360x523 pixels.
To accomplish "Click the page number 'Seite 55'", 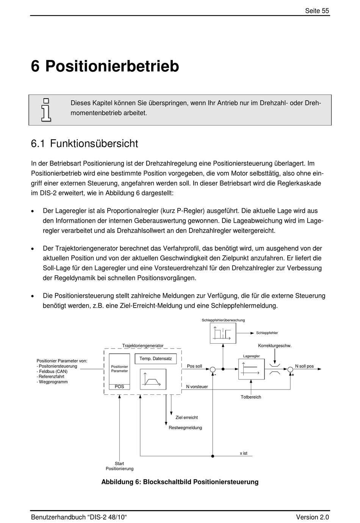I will [x=317, y=11].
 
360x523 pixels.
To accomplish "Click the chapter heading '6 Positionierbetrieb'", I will [x=105, y=66].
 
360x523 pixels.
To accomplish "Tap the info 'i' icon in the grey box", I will [x=46, y=110].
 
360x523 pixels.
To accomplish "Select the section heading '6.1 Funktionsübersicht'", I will [x=85, y=144].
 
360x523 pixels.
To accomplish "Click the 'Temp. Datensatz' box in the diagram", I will [x=155, y=359].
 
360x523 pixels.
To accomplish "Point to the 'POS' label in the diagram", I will [x=119, y=387].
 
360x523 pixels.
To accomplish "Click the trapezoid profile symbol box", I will [x=153, y=379].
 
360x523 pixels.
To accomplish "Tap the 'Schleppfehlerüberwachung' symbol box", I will [x=223, y=333].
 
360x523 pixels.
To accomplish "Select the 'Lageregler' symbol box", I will [x=251, y=369].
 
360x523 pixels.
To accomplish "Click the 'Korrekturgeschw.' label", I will [x=275, y=346].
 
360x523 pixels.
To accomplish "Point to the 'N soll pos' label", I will [x=304, y=366].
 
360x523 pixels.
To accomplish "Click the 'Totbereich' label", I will [x=251, y=397].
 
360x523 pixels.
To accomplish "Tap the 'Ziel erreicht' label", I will [x=186, y=418].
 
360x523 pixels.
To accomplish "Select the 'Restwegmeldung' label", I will [x=185, y=428].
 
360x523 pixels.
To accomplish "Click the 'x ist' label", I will [x=243, y=453].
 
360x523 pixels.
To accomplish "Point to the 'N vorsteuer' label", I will [x=197, y=387].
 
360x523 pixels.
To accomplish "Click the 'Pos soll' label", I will [x=194, y=366].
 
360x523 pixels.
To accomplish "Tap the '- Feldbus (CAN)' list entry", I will [x=52, y=372].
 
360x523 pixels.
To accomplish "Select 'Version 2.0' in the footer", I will [x=312, y=517].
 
